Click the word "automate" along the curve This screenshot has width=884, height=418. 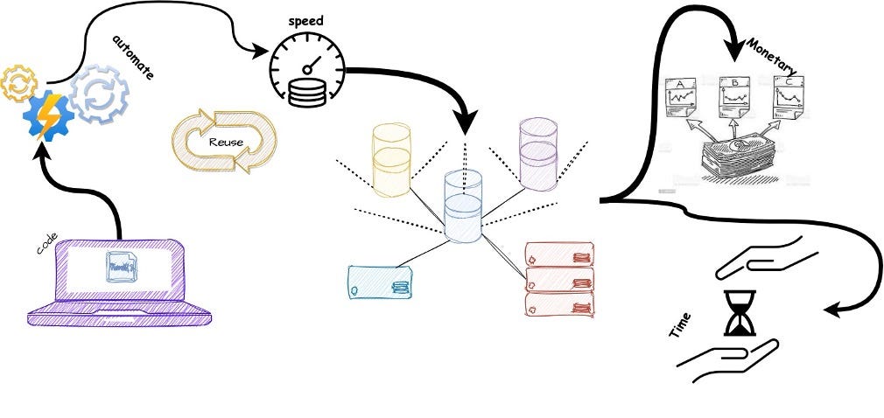click(x=134, y=58)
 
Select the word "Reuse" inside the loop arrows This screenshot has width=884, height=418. click(x=226, y=140)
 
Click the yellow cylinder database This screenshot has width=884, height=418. click(x=390, y=159)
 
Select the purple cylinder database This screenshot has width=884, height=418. click(x=537, y=152)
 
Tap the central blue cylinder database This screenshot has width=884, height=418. click(x=462, y=206)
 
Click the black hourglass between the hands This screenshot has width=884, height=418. click(x=739, y=314)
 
